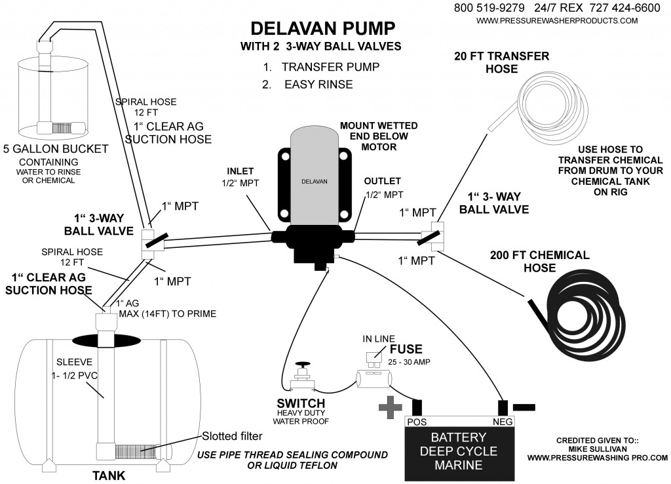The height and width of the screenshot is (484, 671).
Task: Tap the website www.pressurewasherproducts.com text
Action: coord(557,21)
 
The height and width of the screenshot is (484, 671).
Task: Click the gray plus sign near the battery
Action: coord(391,407)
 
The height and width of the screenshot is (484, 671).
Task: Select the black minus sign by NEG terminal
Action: coord(524,407)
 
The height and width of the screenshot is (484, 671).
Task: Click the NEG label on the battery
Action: coord(501,422)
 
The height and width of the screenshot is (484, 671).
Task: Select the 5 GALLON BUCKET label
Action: coord(55,149)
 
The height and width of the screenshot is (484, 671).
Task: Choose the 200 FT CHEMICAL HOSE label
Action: coord(539,261)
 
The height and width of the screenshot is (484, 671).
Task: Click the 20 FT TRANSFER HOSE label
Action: coord(501,62)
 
